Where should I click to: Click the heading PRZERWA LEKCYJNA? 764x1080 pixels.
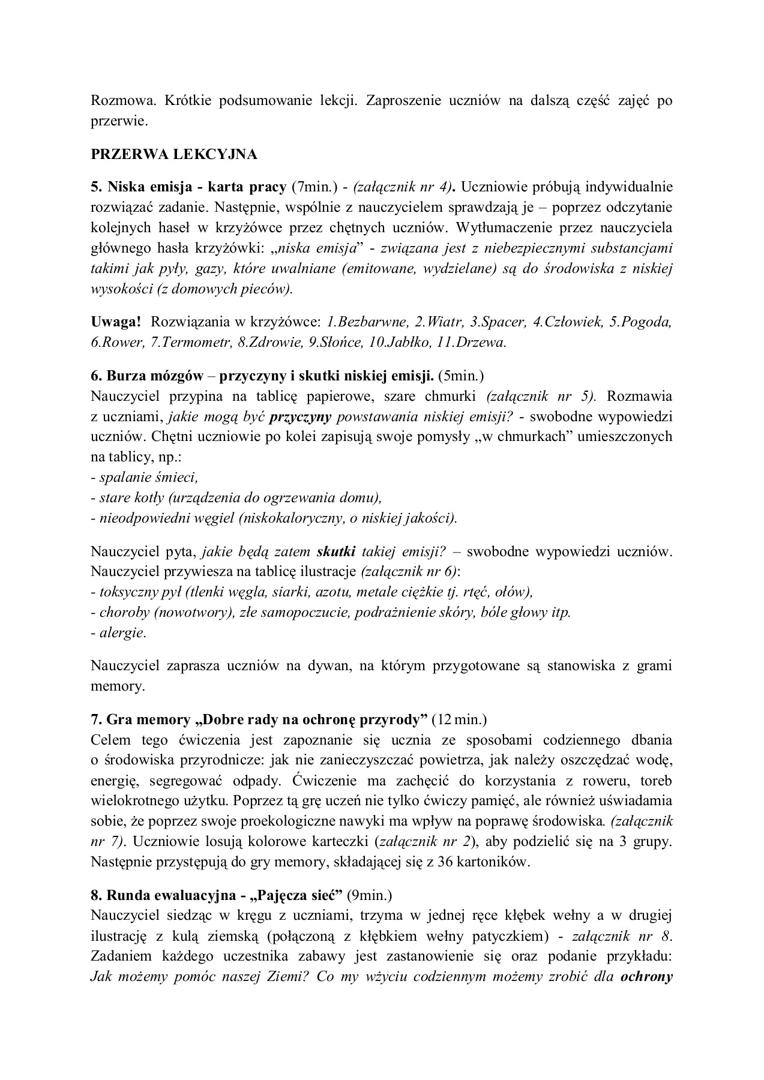coord(173,154)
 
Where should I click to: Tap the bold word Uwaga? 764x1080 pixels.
coord(116,322)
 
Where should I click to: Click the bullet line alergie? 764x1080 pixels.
coord(118,633)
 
